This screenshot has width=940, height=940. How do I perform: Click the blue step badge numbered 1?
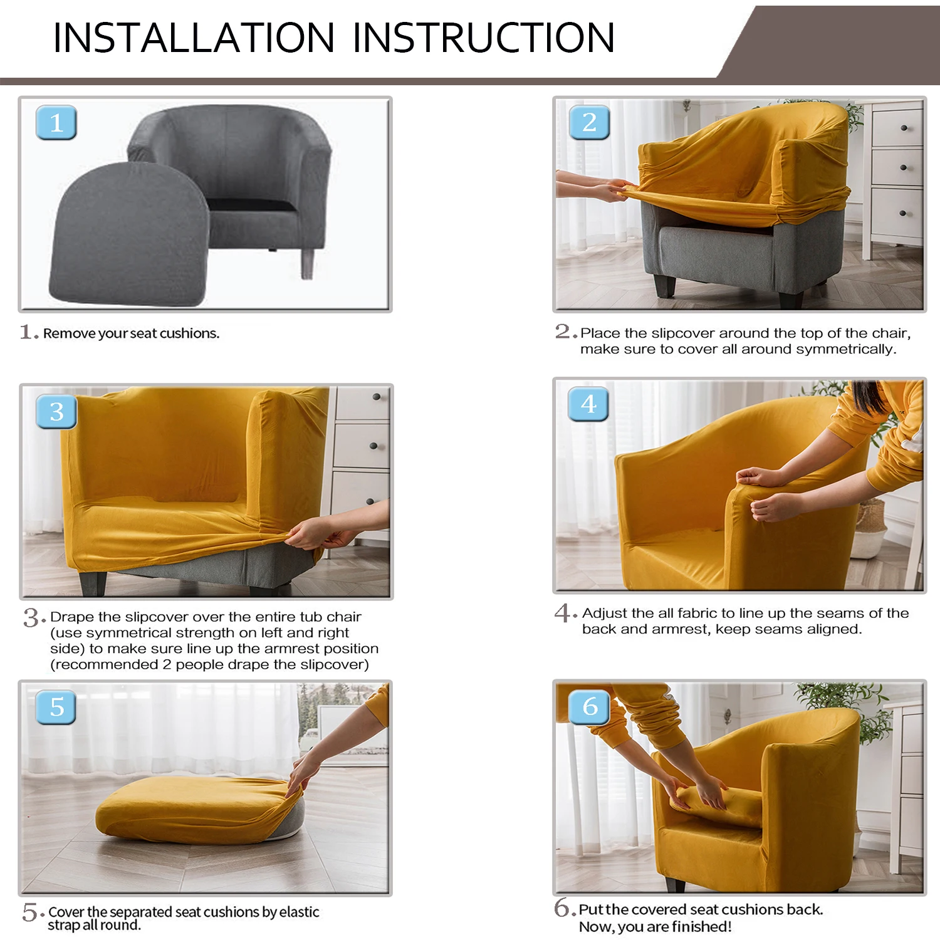[56, 123]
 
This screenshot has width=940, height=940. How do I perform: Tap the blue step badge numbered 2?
[589, 123]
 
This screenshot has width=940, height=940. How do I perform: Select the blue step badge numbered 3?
[56, 412]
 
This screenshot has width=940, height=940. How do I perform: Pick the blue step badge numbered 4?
[588, 404]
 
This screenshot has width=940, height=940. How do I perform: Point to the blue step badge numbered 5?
[56, 708]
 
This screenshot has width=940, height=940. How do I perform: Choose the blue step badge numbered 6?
[590, 707]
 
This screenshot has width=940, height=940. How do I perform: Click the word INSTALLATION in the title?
[194, 38]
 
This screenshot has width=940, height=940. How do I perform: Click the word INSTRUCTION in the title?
[483, 38]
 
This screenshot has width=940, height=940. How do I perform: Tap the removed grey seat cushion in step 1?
[128, 235]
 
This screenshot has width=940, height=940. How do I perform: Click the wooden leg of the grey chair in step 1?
[308, 263]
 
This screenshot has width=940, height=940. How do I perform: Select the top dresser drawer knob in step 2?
[904, 128]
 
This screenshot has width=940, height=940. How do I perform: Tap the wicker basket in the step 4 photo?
[871, 530]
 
